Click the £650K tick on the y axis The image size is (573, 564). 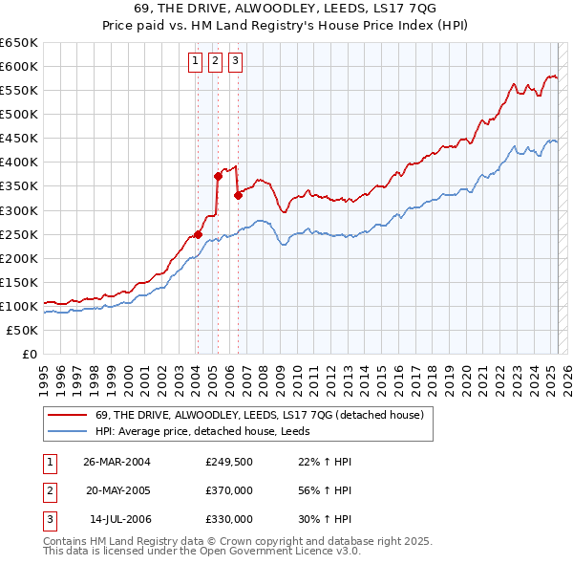[19, 43]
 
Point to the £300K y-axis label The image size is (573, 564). [19, 210]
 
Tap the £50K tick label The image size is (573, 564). [23, 330]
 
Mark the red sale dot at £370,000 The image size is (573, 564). [218, 176]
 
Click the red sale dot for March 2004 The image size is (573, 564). [198, 234]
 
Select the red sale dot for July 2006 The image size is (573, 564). [238, 195]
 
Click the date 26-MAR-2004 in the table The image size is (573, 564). [117, 462]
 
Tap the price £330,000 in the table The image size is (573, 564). [229, 519]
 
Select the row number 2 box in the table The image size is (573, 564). [47, 490]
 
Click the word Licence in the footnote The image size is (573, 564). [308, 551]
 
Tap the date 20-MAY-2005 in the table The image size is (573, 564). [117, 490]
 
